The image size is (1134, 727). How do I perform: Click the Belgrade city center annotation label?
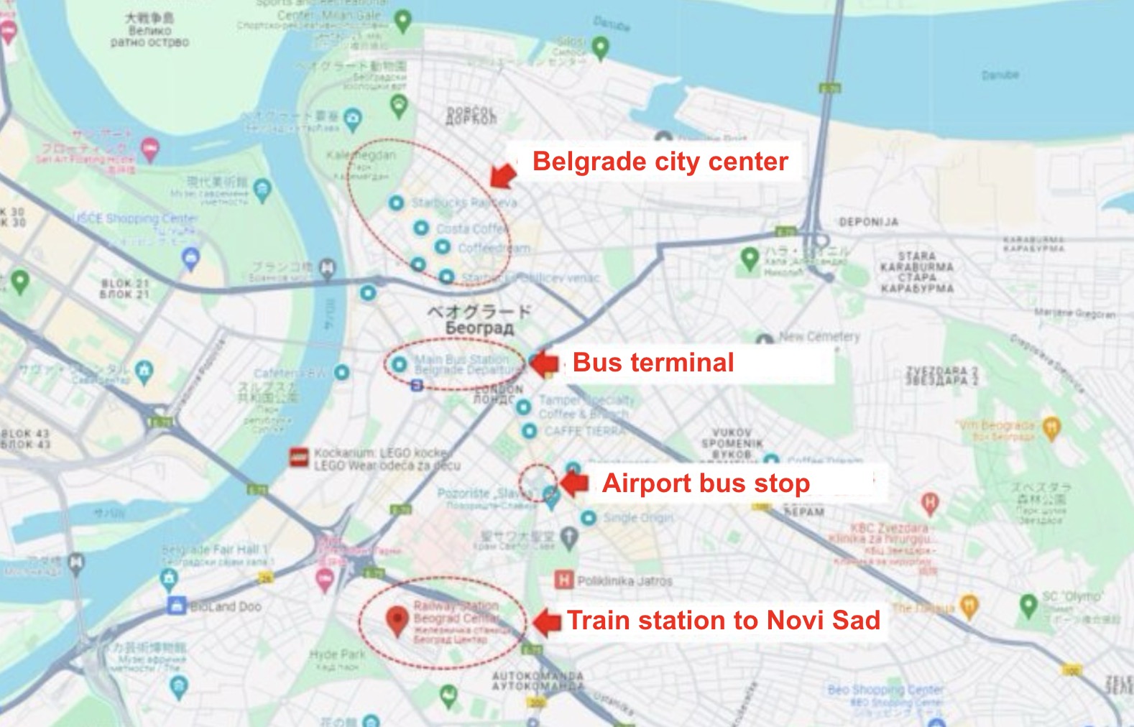coord(660,162)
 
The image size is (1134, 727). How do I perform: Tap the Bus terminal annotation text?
coord(653,363)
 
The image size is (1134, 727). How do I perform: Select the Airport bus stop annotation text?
coord(706,483)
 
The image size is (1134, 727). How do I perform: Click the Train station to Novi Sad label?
coord(723,620)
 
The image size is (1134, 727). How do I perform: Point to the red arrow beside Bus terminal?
coord(544,363)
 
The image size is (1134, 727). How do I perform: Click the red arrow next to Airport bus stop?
coord(574,483)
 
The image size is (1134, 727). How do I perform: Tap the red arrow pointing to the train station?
coord(547,621)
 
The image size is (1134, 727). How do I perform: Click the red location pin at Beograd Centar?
coord(397,620)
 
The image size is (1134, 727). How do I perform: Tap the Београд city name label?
coord(479,328)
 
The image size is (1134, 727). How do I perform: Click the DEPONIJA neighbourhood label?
coord(868,222)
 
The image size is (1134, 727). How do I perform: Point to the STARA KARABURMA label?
coord(917,272)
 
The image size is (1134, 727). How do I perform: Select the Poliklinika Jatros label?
coord(624,580)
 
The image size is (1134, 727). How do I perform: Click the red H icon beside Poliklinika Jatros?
coord(564,580)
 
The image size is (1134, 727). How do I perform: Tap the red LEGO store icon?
coord(298,457)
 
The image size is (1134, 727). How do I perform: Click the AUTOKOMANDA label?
coord(538,681)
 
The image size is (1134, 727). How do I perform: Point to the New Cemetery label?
coord(819,336)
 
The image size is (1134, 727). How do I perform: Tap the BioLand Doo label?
coord(225,607)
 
